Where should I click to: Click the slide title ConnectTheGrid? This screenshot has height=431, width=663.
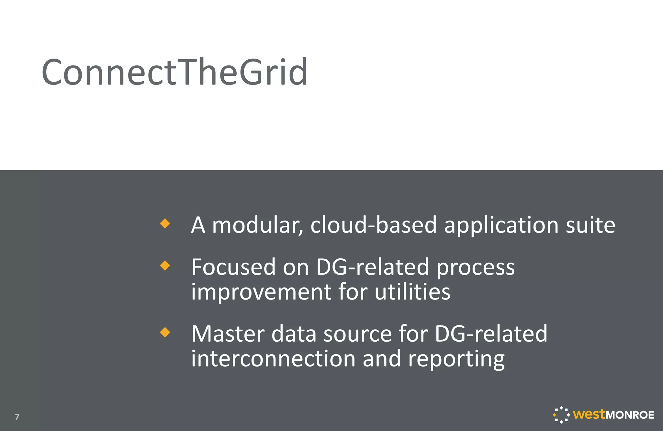(174, 72)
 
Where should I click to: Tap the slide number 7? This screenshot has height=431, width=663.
(17, 417)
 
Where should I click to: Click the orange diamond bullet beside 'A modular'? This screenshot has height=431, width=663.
(165, 223)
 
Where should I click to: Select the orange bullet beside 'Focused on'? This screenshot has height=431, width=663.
(165, 266)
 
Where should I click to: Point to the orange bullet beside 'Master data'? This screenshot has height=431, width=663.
(165, 332)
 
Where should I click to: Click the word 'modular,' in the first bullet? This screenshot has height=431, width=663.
(258, 225)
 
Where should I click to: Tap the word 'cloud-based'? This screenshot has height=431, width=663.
(374, 225)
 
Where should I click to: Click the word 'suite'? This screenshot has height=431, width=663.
(590, 225)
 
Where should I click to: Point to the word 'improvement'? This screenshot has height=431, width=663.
(261, 292)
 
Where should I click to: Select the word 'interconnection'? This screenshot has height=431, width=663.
(273, 358)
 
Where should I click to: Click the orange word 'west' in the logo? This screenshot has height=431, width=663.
(589, 414)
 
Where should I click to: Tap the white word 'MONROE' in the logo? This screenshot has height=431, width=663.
(630, 415)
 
